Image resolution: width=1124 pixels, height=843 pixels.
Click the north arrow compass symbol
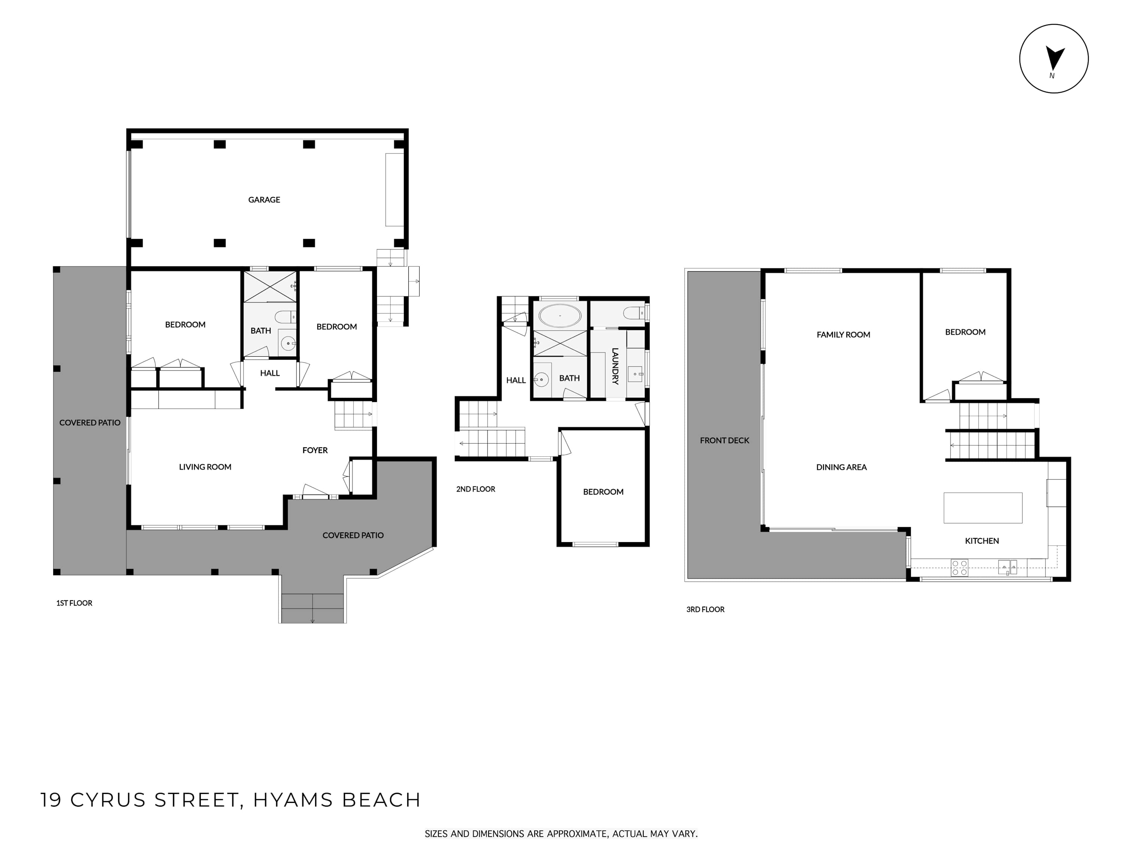[1054, 58]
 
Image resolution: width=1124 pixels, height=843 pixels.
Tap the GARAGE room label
[264, 200]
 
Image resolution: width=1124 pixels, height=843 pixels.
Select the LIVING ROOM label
[205, 467]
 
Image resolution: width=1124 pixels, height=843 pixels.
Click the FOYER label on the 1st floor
[315, 450]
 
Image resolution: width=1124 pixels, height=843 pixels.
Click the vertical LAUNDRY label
[615, 366]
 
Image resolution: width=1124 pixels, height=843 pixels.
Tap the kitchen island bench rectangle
[983, 508]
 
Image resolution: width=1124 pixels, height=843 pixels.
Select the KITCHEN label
[982, 541]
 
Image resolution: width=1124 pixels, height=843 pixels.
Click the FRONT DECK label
[724, 441]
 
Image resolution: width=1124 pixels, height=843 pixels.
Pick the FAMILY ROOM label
[843, 335]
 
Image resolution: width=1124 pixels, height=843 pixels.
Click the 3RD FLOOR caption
[705, 609]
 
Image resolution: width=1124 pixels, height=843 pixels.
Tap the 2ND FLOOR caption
[475, 489]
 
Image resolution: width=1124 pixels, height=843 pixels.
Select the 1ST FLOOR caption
[74, 603]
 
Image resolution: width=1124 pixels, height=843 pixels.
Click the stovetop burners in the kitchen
[960, 568]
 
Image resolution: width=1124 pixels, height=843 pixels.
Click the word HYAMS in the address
[293, 800]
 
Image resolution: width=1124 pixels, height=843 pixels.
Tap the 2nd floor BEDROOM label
[603, 492]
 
